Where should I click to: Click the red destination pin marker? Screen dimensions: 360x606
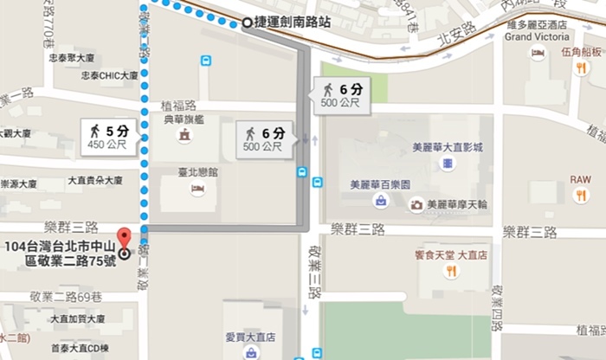[124, 236]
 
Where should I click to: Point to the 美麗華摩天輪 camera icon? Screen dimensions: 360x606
[416, 205]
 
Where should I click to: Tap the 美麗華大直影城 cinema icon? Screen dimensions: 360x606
[447, 164]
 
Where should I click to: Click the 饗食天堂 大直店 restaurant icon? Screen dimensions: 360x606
[450, 272]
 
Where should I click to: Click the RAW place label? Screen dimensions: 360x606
[580, 179]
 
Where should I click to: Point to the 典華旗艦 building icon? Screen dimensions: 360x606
[184, 137]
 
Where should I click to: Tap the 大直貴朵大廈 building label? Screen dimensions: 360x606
[95, 182]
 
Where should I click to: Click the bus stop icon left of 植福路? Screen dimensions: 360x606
[206, 61]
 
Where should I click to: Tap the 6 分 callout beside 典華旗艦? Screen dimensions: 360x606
[265, 139]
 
